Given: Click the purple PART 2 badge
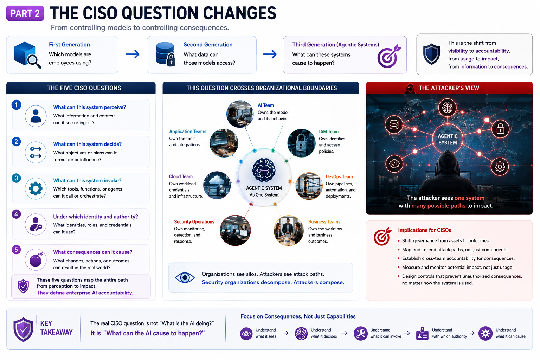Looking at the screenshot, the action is coord(25,13).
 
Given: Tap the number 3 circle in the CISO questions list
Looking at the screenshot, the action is coord(16,178).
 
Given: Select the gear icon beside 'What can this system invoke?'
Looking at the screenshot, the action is coord(36,188).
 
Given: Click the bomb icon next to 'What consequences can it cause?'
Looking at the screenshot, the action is coord(36,260).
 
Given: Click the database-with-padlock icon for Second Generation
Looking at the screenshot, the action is coord(166,54).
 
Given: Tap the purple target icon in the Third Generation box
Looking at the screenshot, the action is coord(389,56).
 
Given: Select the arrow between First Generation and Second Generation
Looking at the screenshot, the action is coord(133,54).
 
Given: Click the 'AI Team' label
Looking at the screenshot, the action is coord(266,105).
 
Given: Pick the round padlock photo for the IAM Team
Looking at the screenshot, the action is coord(301,143).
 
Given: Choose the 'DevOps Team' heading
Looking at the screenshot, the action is coord(339,177).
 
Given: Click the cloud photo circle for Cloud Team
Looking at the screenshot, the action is coord(217,185).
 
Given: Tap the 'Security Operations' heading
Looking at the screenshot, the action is coord(194,221).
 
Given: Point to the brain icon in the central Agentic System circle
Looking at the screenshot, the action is coord(264,170).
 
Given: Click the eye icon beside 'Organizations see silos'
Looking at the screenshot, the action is coord(185,278).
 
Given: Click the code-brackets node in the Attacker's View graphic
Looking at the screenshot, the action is coord(394,164).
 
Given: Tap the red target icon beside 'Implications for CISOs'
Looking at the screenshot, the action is coord(382,236).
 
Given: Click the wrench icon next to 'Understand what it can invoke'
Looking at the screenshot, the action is coord(360,334).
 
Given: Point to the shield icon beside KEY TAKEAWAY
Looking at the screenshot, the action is coord(24,330).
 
